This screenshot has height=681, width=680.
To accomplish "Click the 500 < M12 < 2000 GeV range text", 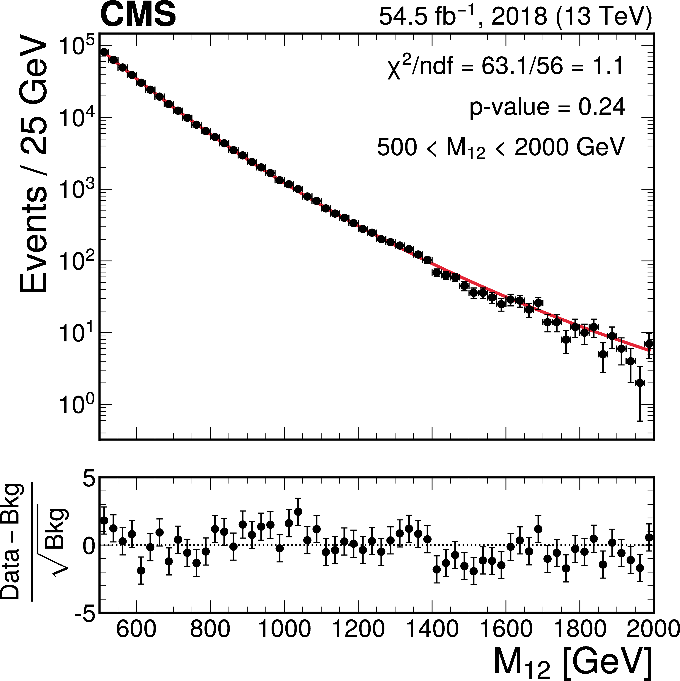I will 501,147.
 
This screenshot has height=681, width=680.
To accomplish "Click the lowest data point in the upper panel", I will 640,383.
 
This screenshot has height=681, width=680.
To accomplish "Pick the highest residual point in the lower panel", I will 298,511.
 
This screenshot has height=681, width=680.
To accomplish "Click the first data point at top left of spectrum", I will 104,52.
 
